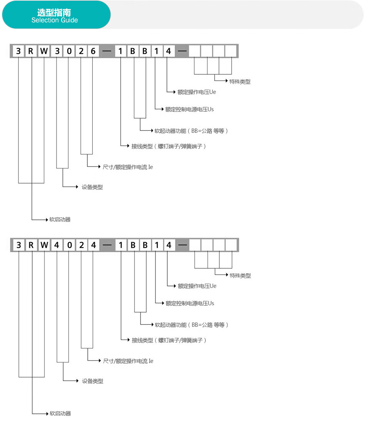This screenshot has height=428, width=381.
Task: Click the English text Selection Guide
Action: click(55, 20)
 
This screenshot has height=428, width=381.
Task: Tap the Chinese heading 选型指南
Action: click(54, 12)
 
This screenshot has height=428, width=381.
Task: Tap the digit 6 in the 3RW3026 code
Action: click(93, 51)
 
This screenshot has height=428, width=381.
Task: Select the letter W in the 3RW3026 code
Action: click(44, 51)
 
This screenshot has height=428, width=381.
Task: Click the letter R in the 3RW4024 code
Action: click(31, 245)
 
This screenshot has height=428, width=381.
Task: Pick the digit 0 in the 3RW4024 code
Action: click(70, 245)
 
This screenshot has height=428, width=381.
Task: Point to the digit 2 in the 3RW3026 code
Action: click(81, 51)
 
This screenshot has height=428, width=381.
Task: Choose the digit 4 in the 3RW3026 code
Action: click(169, 51)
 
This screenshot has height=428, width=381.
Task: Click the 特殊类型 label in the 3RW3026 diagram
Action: click(240, 82)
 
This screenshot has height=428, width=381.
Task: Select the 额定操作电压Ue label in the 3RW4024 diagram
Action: click(197, 286)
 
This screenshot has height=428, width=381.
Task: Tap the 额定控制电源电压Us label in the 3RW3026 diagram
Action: click(189, 109)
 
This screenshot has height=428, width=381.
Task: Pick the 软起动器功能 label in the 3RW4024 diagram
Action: click(171, 325)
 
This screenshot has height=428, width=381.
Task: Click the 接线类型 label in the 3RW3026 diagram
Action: click(142, 146)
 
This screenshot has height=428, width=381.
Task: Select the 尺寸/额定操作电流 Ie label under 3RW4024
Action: click(128, 361)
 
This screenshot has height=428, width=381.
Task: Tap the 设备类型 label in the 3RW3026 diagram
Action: click(92, 187)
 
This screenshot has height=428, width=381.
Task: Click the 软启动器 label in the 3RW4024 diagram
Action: click(60, 413)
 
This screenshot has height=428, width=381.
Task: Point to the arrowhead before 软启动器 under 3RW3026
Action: click(47, 219)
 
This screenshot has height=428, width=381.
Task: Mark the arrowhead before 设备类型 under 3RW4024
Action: click(77, 381)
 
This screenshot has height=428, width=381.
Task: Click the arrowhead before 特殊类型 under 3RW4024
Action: click(227, 274)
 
